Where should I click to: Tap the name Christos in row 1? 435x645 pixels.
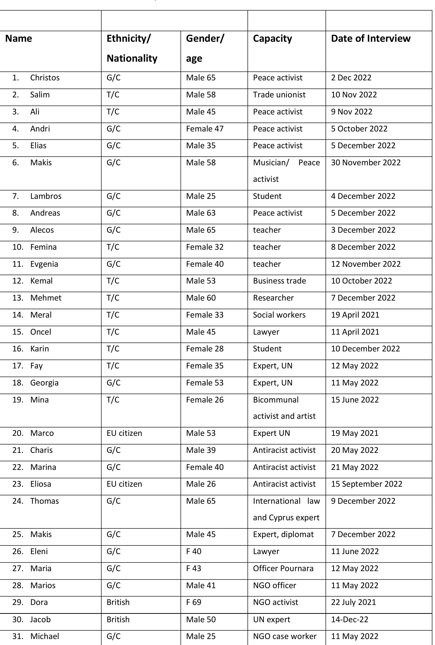coord(45,78)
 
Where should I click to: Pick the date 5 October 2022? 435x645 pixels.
coord(359,129)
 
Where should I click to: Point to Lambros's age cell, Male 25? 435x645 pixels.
coord(201,196)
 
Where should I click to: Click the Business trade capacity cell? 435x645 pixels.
coord(279,281)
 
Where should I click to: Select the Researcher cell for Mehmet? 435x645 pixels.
coord(273,298)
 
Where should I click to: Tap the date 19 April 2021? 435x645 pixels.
coord(355,315)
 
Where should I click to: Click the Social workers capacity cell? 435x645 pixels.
coord(279,315)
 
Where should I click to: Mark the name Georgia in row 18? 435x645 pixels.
coord(44,383)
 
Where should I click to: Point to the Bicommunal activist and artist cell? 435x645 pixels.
coord(284,408)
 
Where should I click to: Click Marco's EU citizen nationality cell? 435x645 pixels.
coord(124,433)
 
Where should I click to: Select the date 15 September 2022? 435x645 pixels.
coord(367,484)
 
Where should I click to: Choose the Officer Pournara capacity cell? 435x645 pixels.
coord(283,568)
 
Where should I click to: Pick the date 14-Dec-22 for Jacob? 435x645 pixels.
coord(350,620)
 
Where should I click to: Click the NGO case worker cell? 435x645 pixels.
coord(284,636)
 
